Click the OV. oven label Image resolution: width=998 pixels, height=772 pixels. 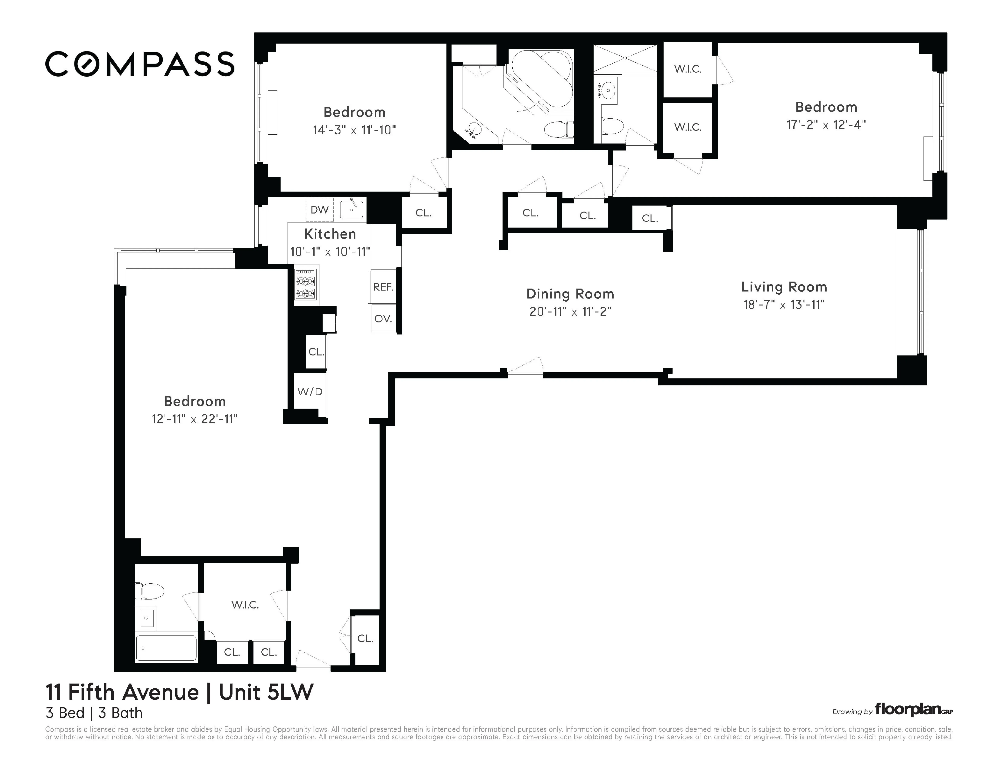coord(383,319)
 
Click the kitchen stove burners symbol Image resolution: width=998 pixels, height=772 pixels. coord(305,284)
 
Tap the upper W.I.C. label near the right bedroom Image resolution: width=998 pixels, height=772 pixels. coord(688,69)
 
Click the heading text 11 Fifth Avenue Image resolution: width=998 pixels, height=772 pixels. coord(122,692)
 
